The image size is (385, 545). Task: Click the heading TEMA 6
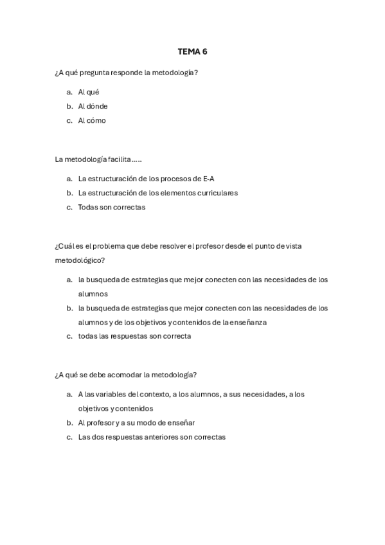coord(192,51)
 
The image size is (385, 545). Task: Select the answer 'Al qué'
coord(89,92)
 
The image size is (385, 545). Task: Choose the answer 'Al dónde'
coord(93,106)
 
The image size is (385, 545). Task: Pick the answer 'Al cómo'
coord(92,120)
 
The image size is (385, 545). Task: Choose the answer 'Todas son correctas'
coord(112,207)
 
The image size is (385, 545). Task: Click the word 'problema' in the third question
coord(112,246)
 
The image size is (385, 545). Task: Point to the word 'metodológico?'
coord(80,260)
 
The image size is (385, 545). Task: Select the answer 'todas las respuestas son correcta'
coord(134,336)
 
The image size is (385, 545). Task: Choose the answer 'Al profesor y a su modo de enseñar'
coord(136,423)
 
